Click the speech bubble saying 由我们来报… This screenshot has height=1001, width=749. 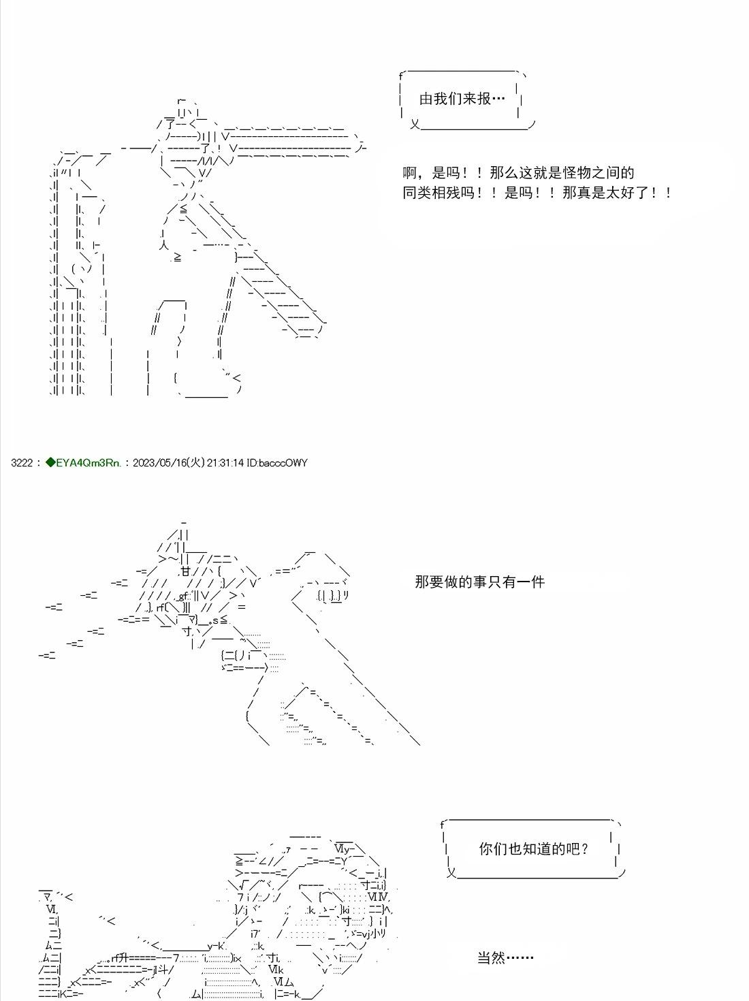[x=463, y=99]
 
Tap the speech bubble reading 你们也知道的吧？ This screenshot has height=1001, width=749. [x=534, y=849]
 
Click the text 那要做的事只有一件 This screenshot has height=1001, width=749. [x=479, y=582]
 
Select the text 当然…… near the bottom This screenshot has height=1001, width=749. [x=505, y=957]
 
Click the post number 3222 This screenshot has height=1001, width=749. [x=22, y=463]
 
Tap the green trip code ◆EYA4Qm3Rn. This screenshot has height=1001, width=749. [x=83, y=463]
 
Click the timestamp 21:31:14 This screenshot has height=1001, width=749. [x=226, y=463]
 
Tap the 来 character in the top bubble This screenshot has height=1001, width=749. [x=469, y=99]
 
